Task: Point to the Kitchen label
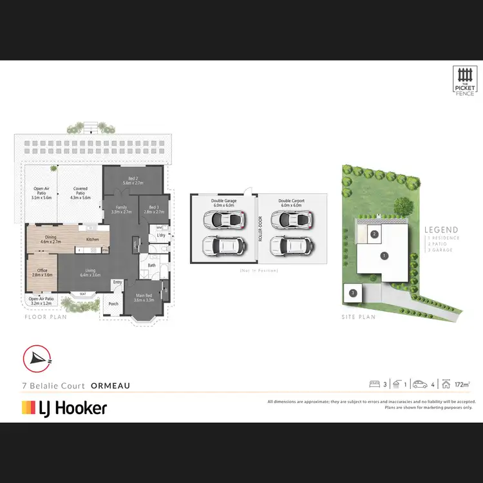(x=93, y=239)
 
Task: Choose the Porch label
(x=113, y=305)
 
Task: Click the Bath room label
(x=152, y=265)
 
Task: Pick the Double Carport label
(x=291, y=203)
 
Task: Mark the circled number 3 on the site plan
(x=353, y=292)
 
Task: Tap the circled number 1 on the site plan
(x=384, y=256)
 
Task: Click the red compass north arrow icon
(x=37, y=359)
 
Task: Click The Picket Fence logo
(x=464, y=82)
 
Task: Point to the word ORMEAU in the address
(x=110, y=385)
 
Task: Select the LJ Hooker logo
(x=64, y=408)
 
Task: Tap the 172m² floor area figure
(x=461, y=384)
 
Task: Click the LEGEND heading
(x=441, y=230)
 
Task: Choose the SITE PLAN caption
(x=358, y=317)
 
